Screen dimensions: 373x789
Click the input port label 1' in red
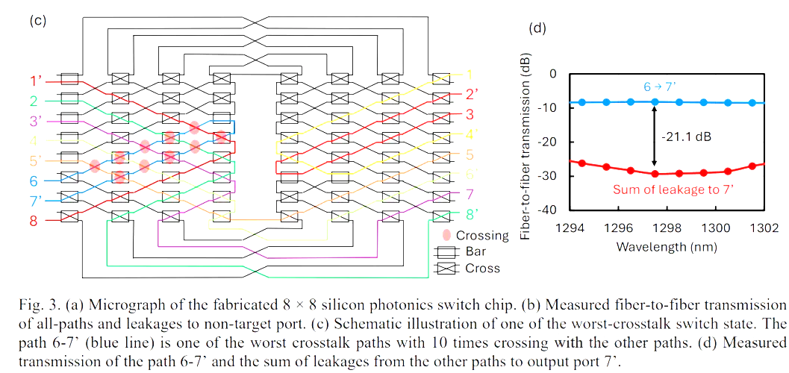click(34, 80)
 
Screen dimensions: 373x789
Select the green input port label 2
click(34, 100)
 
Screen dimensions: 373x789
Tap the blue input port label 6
click(34, 181)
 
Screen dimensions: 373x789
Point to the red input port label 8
click(34, 220)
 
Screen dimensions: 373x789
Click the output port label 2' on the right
click(471, 95)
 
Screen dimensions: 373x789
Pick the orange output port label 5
click(470, 155)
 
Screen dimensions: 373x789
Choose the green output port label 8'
click(471, 216)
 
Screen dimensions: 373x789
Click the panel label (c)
click(38, 20)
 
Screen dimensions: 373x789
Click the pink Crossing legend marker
click(446, 235)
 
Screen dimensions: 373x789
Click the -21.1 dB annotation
click(684, 138)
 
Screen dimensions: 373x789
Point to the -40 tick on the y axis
click(547, 210)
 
